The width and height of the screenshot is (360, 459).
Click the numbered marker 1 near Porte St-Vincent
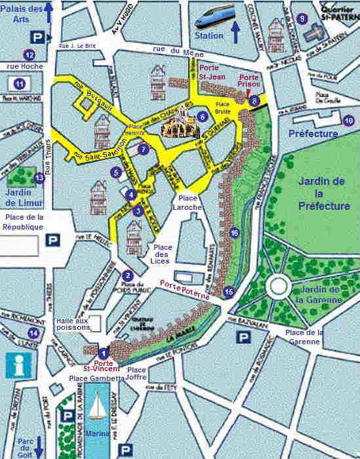(101, 352)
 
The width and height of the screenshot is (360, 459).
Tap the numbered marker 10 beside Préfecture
(348, 120)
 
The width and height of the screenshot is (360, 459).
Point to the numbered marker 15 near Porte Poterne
(228, 292)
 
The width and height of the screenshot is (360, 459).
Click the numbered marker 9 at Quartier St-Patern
(302, 18)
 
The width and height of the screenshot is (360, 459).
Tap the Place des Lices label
(162, 254)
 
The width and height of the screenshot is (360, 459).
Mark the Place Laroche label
(189, 202)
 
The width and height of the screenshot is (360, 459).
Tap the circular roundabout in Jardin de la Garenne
(278, 286)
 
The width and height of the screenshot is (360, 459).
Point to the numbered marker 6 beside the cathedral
(203, 117)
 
